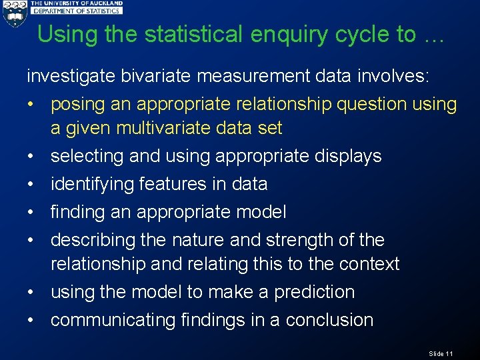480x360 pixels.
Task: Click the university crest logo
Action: coord(14,13)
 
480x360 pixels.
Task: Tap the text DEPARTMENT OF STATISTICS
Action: coord(77,11)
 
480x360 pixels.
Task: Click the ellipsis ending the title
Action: coord(432,36)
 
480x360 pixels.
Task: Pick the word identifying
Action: coord(92,185)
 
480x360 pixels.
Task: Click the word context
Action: coord(369,264)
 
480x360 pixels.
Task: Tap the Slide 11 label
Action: coord(441,353)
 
